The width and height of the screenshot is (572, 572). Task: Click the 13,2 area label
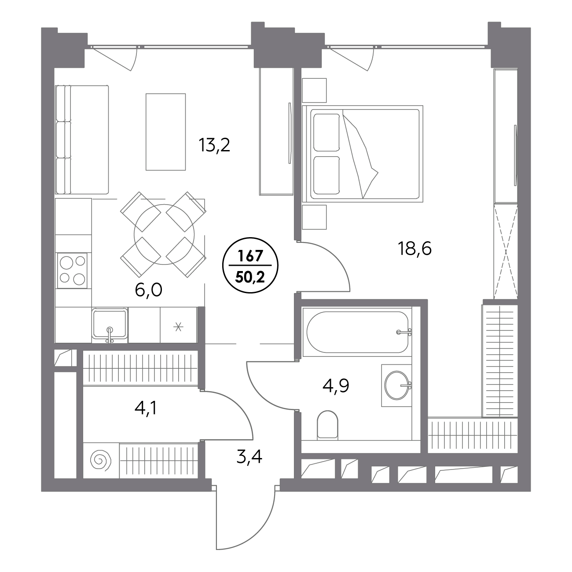(x=214, y=146)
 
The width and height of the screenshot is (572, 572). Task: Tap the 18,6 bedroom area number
(x=414, y=248)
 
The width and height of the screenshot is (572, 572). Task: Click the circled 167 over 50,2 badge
(x=250, y=265)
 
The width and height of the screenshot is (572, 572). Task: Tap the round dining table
(x=164, y=235)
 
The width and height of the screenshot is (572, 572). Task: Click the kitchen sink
(x=110, y=324)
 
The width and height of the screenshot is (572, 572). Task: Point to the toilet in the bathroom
(x=327, y=425)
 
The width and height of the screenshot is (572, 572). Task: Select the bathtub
(x=357, y=332)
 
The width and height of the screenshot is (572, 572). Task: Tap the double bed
(x=363, y=154)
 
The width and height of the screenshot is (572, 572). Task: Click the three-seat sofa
(x=82, y=140)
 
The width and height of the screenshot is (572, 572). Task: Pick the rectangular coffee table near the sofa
(x=165, y=132)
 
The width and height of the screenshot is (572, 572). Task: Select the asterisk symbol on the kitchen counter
(x=178, y=327)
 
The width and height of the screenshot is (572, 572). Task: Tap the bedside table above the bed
(x=314, y=91)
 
